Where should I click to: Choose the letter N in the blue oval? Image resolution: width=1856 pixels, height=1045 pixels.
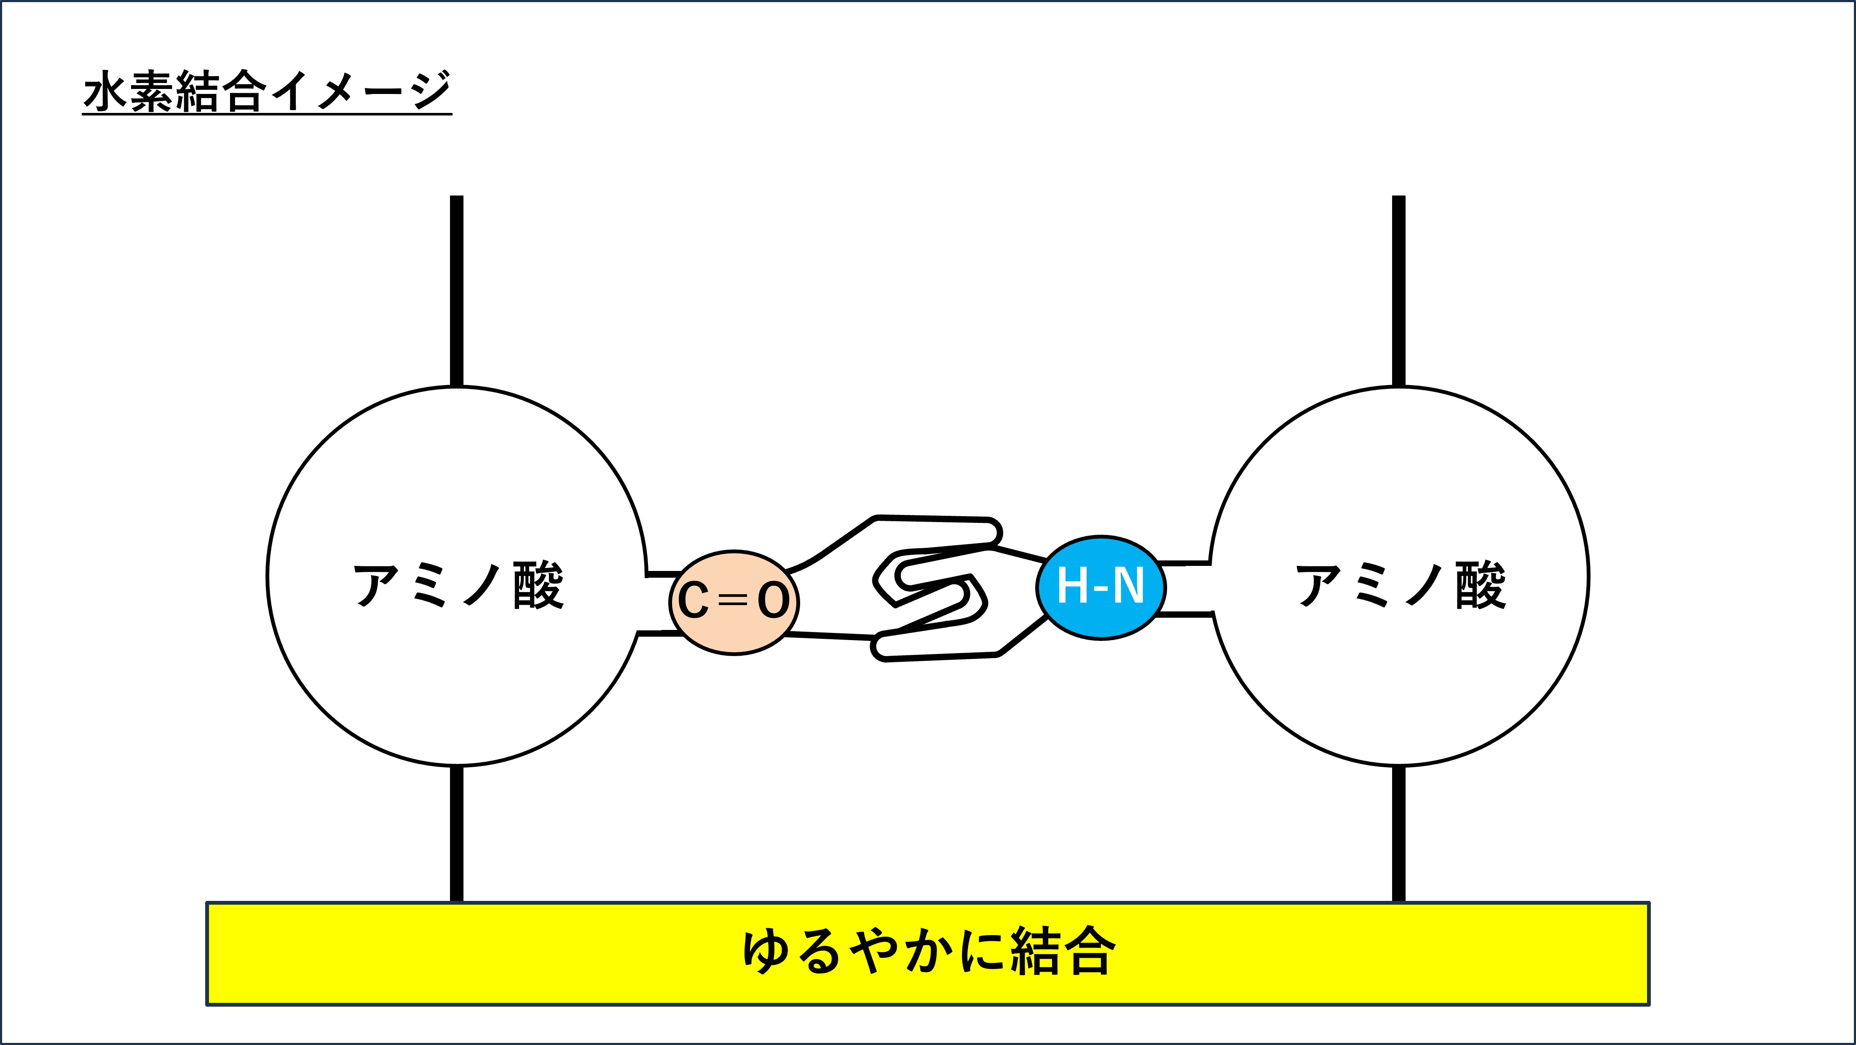[1128, 586]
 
